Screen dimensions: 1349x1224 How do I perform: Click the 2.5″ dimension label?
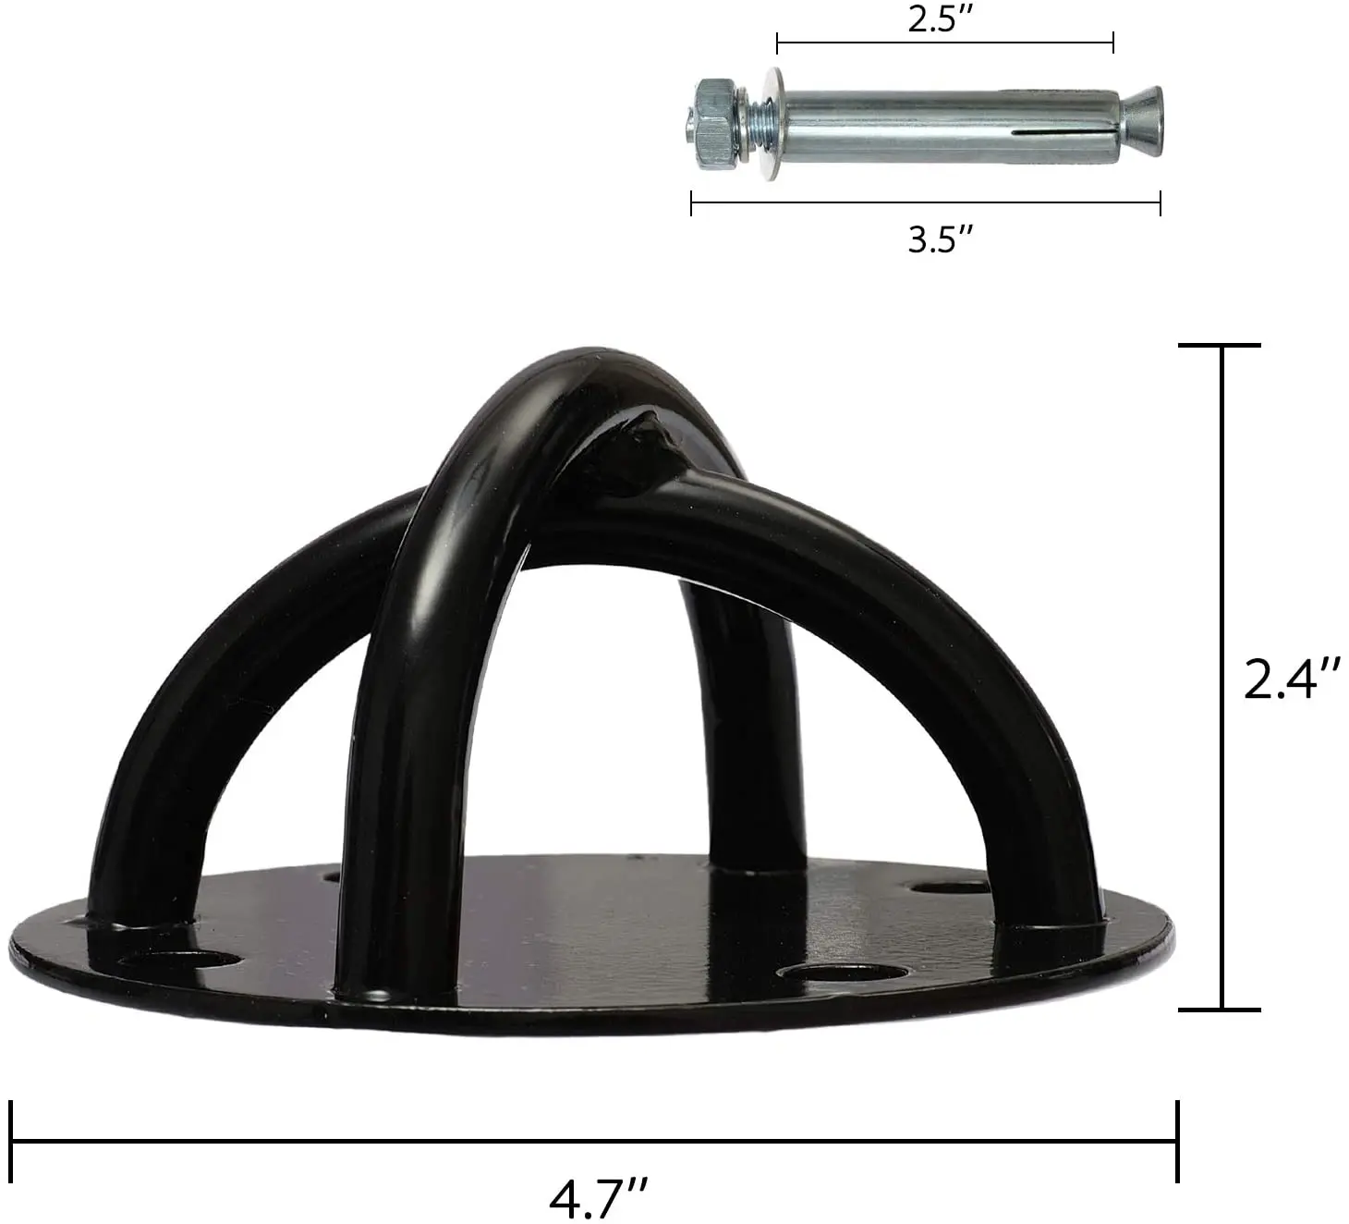coord(941,18)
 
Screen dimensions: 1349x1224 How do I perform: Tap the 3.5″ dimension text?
coord(940,239)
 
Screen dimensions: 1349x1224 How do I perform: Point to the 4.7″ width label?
coord(598,1196)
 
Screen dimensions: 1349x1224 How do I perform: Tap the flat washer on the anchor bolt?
coord(774,124)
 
